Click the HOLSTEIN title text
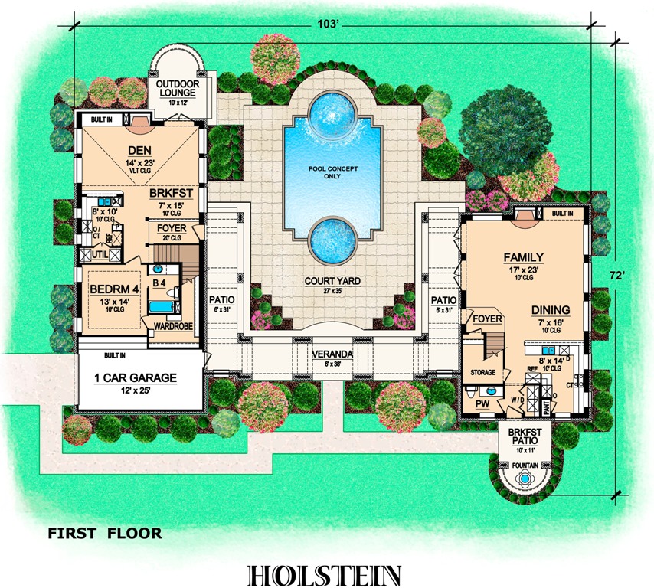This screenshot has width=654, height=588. [327, 574]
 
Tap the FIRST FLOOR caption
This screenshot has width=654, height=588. [105, 533]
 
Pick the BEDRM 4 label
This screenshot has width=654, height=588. [113, 290]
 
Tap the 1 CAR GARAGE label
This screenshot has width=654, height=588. [136, 377]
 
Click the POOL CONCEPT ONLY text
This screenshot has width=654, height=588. [332, 172]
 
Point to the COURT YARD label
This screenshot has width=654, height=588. [332, 282]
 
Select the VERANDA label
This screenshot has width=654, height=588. [332, 354]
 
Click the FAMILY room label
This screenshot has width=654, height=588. [523, 257]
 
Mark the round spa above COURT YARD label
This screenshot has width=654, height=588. [332, 237]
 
